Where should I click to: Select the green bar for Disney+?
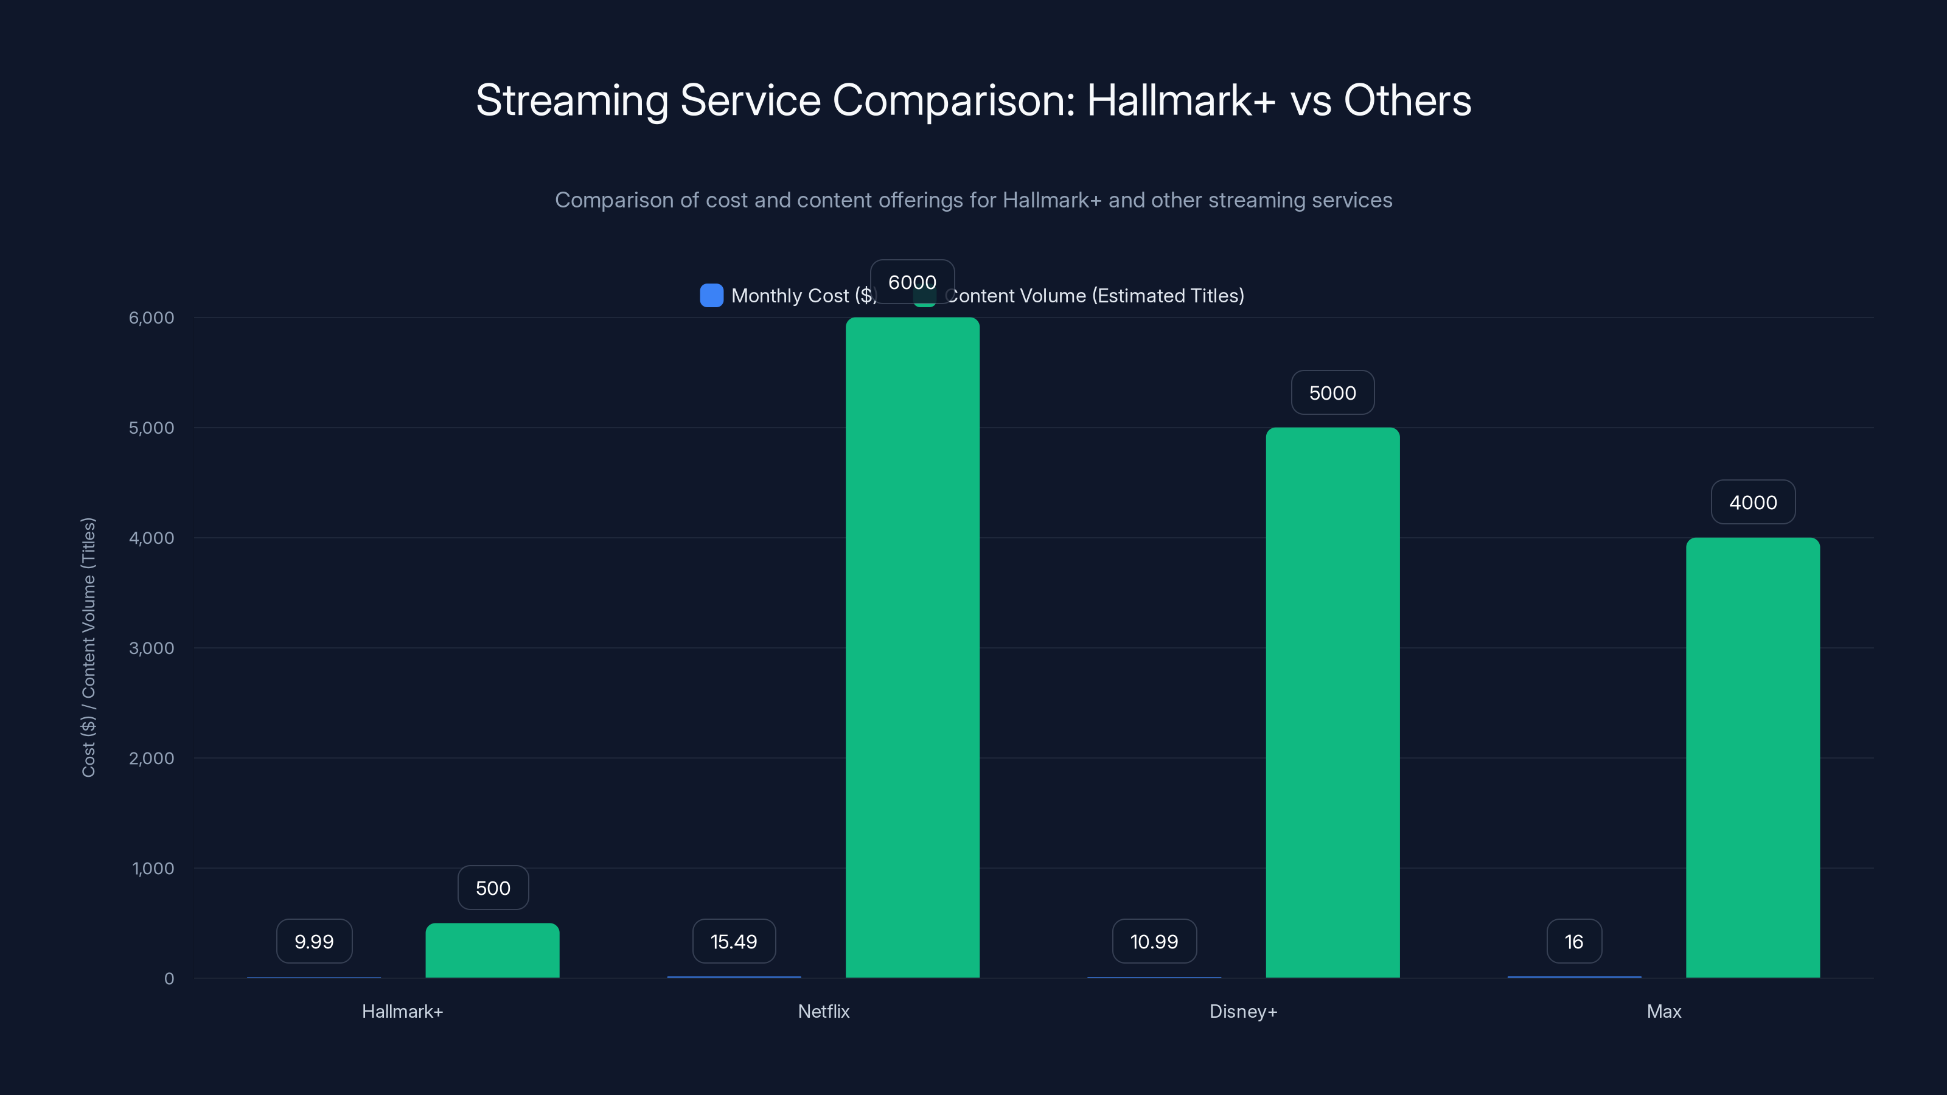click(1332, 703)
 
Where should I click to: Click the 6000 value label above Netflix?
click(912, 282)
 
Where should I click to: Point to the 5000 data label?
click(1332, 393)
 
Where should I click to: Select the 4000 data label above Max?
click(1753, 502)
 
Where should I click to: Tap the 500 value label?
click(493, 888)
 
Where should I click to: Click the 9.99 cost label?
click(314, 942)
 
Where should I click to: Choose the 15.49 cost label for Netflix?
click(733, 942)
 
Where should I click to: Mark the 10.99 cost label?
click(1154, 942)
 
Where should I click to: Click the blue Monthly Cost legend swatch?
click(711, 296)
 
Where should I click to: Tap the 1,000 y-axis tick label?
click(153, 868)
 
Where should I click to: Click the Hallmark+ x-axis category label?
click(402, 1011)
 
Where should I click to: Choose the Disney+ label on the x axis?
click(1243, 1011)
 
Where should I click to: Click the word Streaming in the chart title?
click(571, 100)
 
